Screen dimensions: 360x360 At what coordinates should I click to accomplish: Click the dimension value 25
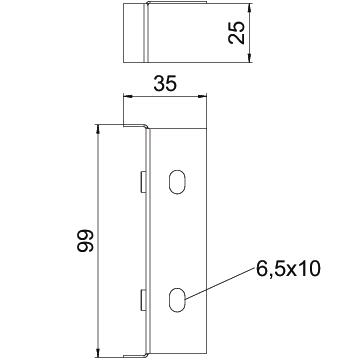pyautogui.click(x=237, y=33)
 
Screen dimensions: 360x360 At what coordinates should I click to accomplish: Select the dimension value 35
pyautogui.click(x=165, y=84)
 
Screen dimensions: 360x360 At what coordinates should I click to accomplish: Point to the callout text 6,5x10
pyautogui.click(x=288, y=269)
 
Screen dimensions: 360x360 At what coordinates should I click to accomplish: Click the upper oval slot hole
pyautogui.click(x=177, y=182)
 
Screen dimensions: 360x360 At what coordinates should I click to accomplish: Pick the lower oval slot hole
pyautogui.click(x=177, y=300)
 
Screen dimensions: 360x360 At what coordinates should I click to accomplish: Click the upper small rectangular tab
pyautogui.click(x=142, y=182)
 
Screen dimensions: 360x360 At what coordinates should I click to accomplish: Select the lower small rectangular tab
pyautogui.click(x=142, y=299)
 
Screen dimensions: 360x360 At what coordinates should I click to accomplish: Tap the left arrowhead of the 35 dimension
pyautogui.click(x=128, y=97)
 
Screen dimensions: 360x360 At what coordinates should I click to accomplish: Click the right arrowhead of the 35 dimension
pyautogui.click(x=202, y=97)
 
